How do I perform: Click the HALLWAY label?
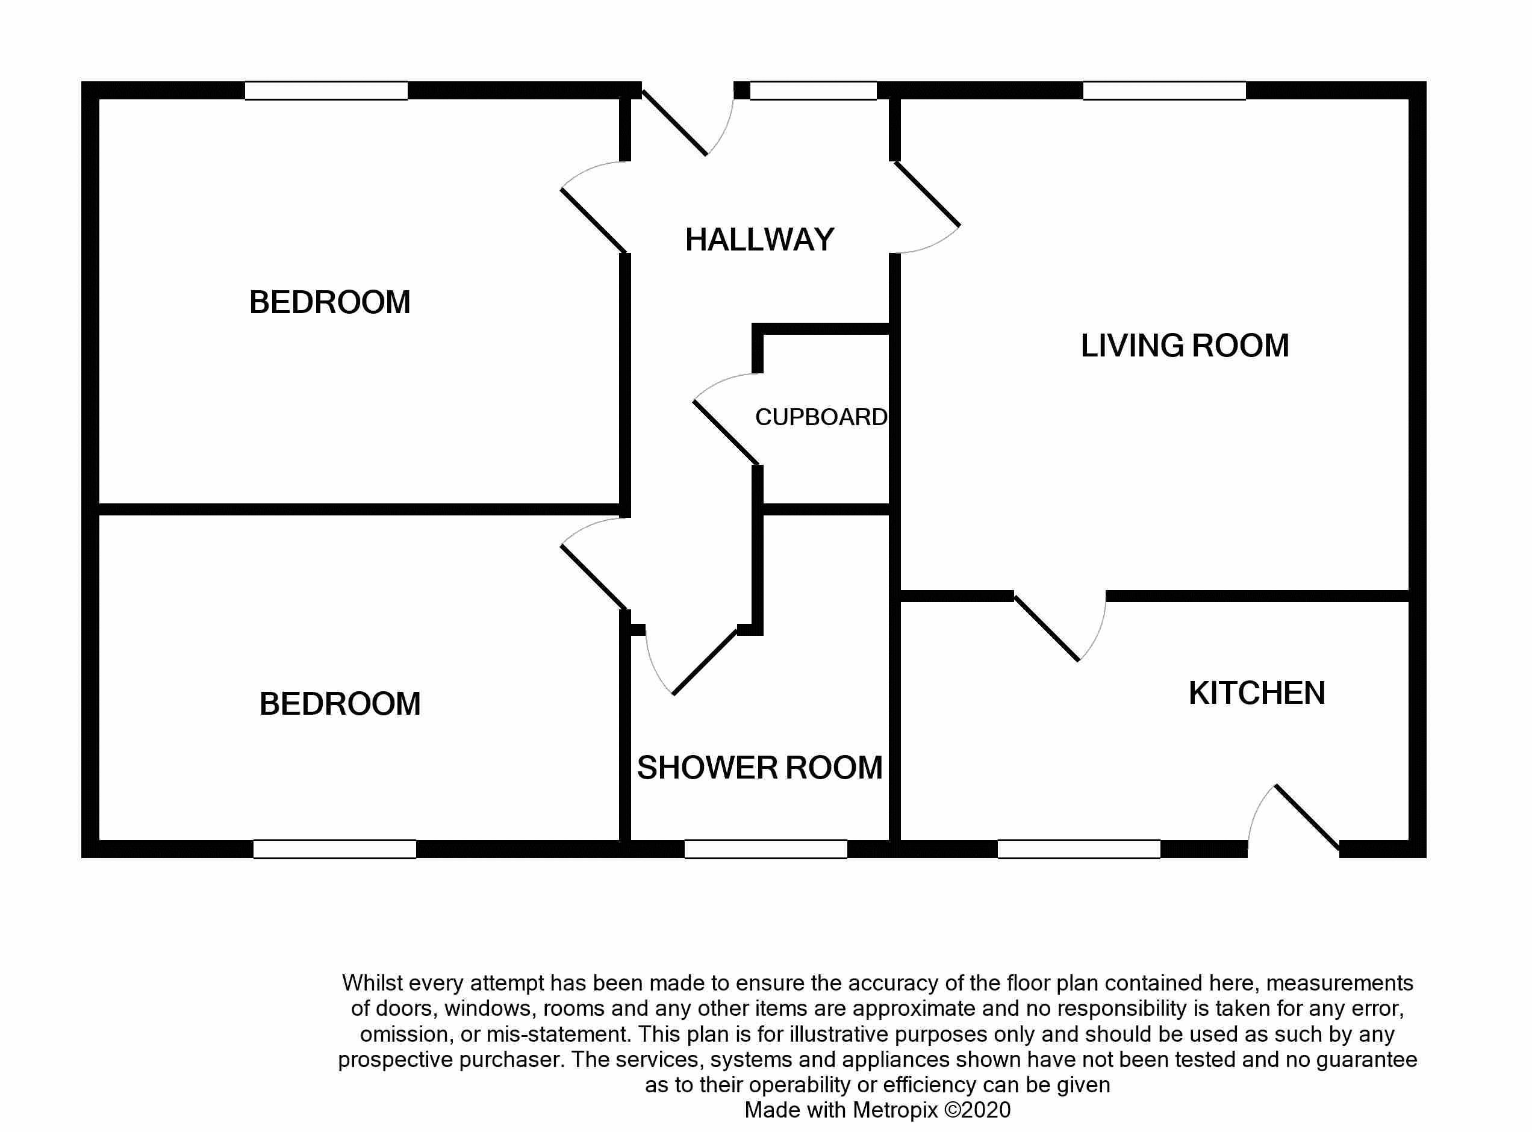pyautogui.click(x=759, y=240)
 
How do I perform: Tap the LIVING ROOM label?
pyautogui.click(x=1184, y=346)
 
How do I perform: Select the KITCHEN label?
pyautogui.click(x=1257, y=693)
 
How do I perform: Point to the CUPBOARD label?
pyautogui.click(x=821, y=417)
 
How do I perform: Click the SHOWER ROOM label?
pyautogui.click(x=760, y=768)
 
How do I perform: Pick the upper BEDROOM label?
pyautogui.click(x=329, y=302)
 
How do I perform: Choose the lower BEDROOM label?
pyautogui.click(x=340, y=704)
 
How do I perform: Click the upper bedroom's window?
pyautogui.click(x=326, y=90)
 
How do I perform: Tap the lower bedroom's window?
pyautogui.click(x=334, y=849)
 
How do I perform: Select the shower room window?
pyautogui.click(x=765, y=849)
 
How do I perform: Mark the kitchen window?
pyautogui.click(x=1079, y=849)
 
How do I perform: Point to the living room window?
pyautogui.click(x=1164, y=90)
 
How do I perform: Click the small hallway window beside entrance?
pyautogui.click(x=814, y=90)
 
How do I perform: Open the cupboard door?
pyautogui.click(x=726, y=432)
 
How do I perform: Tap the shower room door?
pyautogui.click(x=705, y=662)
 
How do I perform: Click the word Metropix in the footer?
pyautogui.click(x=895, y=1110)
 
